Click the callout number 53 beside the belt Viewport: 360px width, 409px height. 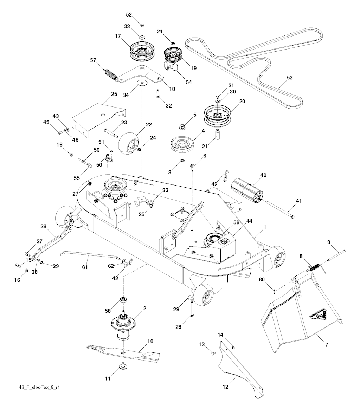(x=290, y=78)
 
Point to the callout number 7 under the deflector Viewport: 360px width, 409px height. (x=327, y=345)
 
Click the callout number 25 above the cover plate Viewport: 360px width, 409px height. (x=114, y=94)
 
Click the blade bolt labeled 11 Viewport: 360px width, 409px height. (x=123, y=366)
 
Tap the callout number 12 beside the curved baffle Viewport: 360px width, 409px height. (x=225, y=387)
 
